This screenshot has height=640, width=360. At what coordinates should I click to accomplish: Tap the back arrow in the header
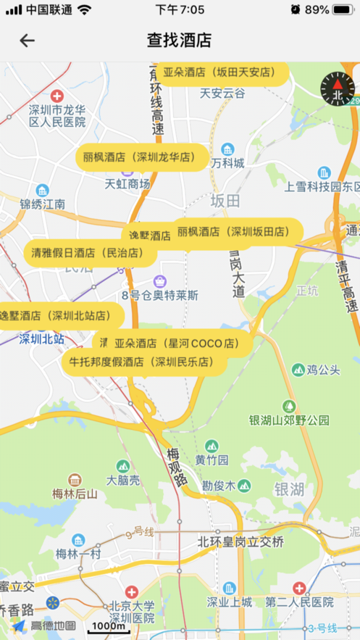[27, 41]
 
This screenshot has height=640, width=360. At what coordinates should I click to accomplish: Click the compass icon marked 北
[337, 88]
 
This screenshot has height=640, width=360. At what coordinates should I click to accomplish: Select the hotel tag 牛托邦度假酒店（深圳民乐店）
[141, 361]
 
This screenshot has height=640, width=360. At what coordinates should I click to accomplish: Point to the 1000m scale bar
[108, 628]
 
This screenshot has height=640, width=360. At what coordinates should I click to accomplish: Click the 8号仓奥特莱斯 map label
[160, 295]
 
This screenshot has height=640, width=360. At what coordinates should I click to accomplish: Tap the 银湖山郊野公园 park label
[289, 420]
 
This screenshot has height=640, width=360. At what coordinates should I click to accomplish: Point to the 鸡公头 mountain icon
[298, 370]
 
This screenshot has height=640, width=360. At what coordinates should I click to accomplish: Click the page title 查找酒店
[179, 41]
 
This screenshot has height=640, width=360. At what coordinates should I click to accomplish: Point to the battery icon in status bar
[341, 10]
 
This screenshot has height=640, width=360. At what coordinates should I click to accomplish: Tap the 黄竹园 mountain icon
[212, 446]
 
